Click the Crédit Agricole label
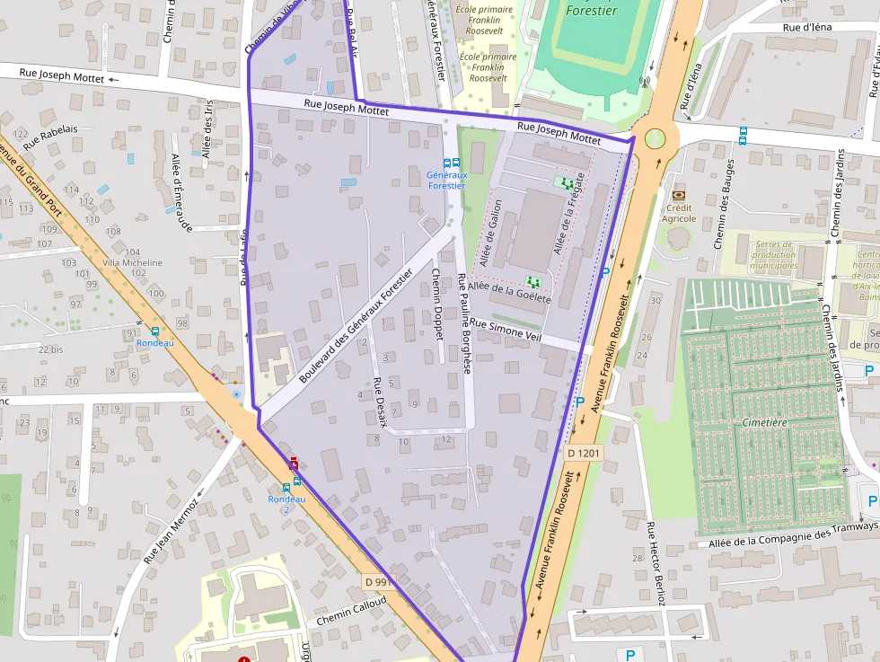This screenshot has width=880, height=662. coord(679,213)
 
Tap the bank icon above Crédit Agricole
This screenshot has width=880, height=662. coord(678,195)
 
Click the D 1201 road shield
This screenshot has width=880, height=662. coord(583,454)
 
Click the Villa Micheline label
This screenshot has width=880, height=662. coord(133,263)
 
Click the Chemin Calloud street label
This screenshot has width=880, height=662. coord(350,613)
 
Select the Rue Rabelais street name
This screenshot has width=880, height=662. coord(50,137)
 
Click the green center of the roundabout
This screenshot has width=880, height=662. coord(656,138)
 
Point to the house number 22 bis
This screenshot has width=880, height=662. coord(50,349)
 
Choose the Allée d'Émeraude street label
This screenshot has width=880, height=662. coord(182,192)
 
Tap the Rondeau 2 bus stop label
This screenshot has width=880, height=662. coord(286,504)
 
